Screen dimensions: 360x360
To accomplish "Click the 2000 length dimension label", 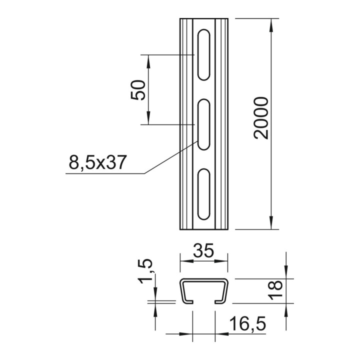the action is (x=261, y=118).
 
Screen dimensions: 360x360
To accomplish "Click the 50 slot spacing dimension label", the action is (x=138, y=90).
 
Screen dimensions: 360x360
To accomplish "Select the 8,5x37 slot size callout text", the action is (x=98, y=162).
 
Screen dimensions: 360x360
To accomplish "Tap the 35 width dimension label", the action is (x=203, y=250).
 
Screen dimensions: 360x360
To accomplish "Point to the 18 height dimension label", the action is (x=275, y=289).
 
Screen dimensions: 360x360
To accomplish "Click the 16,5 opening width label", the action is (x=247, y=323).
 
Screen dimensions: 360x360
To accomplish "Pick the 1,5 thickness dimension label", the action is (x=145, y=271).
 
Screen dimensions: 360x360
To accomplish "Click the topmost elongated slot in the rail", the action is (x=203, y=54).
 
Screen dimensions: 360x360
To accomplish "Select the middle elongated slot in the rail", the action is (x=203, y=124).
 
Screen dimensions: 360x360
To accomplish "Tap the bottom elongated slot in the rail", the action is (x=203, y=194).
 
